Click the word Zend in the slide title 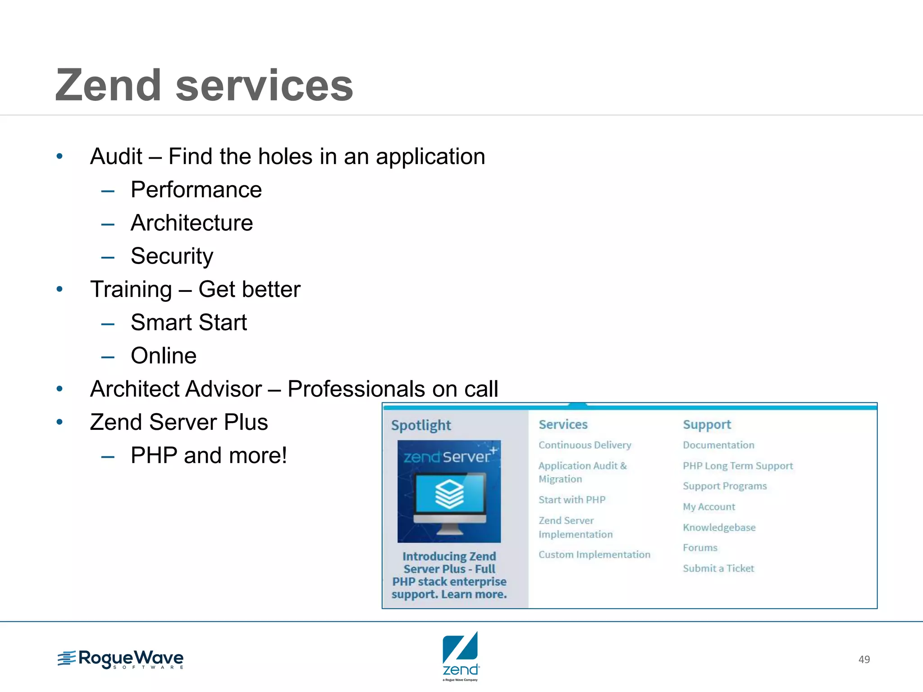[108, 86]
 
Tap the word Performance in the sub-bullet [196, 190]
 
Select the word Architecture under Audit [192, 223]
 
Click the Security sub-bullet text [172, 256]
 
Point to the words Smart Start [188, 323]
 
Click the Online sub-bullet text [164, 356]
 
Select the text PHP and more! [209, 455]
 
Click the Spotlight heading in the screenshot [421, 425]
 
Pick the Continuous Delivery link [585, 445]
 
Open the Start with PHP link [572, 500]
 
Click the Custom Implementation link [594, 555]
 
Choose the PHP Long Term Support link [738, 466]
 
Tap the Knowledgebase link [719, 528]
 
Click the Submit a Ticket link [718, 569]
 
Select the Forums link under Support [700, 548]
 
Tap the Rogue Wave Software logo [120, 660]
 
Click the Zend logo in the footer [461, 656]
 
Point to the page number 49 [864, 660]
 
